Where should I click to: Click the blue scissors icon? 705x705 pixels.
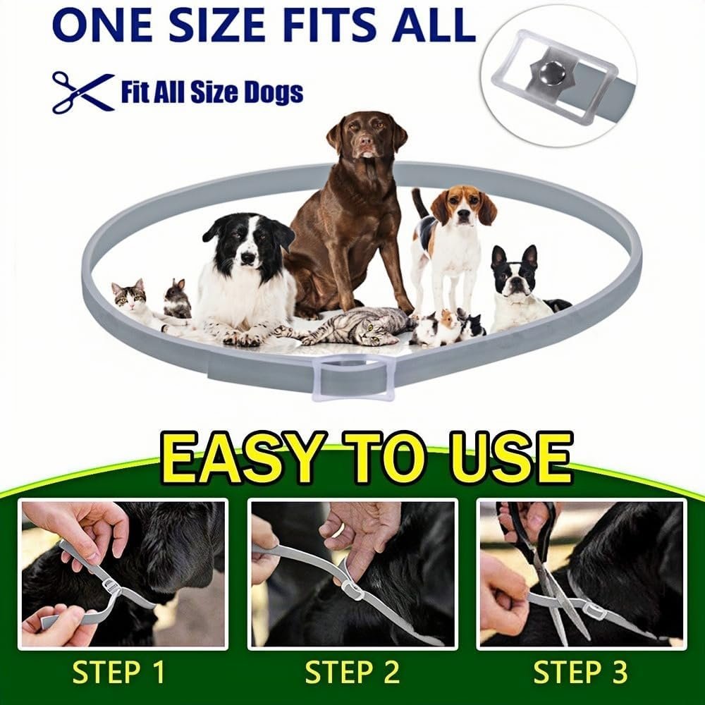83,92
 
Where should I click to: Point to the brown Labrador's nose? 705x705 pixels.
367,142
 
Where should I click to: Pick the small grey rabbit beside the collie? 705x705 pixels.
177,298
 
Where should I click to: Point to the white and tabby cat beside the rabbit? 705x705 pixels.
135,302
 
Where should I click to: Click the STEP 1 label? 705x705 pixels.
118,673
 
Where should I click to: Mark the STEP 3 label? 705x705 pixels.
580,673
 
